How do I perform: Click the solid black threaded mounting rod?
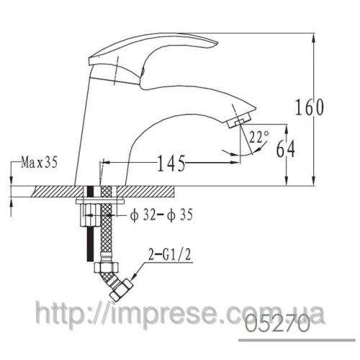90,238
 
